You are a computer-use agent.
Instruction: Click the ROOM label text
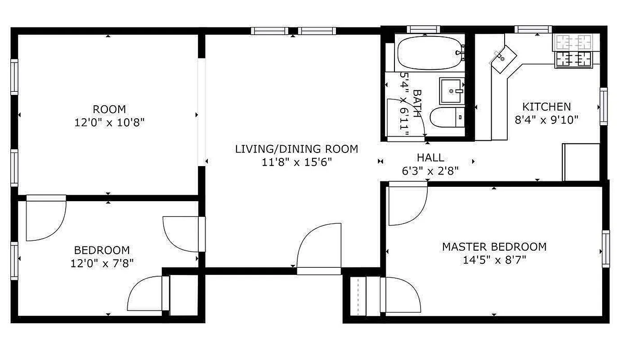click(109, 109)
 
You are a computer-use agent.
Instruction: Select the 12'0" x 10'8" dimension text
click(109, 122)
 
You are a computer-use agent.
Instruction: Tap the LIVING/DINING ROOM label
click(297, 149)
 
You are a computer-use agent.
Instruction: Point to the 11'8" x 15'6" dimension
click(297, 162)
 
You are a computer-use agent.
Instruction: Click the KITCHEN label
click(546, 107)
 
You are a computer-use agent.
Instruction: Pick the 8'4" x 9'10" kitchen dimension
click(546, 120)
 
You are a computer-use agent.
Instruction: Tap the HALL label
click(430, 157)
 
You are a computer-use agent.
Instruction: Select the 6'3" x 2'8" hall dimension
click(430, 171)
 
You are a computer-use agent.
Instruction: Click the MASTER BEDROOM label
click(494, 247)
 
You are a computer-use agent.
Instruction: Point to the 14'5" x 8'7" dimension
click(494, 260)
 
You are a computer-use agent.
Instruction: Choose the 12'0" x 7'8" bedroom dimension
click(102, 263)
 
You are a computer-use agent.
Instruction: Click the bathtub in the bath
click(430, 53)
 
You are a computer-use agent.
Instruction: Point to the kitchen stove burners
click(573, 59)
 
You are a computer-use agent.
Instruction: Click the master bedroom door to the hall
click(407, 205)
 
